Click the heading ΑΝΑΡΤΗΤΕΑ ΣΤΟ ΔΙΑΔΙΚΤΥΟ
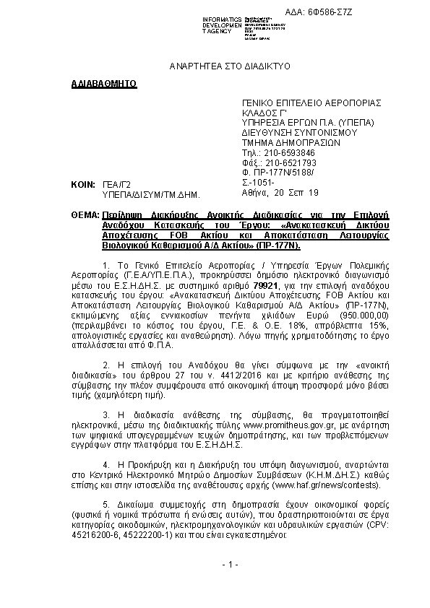(x=229, y=66)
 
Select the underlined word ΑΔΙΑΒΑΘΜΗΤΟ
(x=104, y=84)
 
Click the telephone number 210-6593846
(x=287, y=153)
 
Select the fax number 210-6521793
(x=289, y=163)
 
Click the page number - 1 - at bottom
(x=230, y=563)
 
